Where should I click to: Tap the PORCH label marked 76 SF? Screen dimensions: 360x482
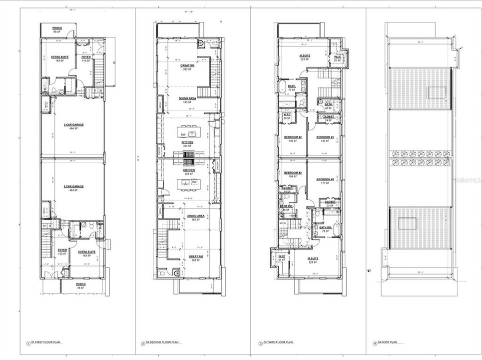pyautogui.click(x=81, y=284)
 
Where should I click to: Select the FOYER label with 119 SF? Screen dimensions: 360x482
pyautogui.click(x=85, y=57)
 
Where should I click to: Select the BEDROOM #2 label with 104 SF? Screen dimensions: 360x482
pyautogui.click(x=292, y=174)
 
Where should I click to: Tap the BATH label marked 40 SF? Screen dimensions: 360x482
pyautogui.click(x=328, y=105)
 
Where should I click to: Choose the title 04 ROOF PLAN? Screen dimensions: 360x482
pyautogui.click(x=388, y=343)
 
